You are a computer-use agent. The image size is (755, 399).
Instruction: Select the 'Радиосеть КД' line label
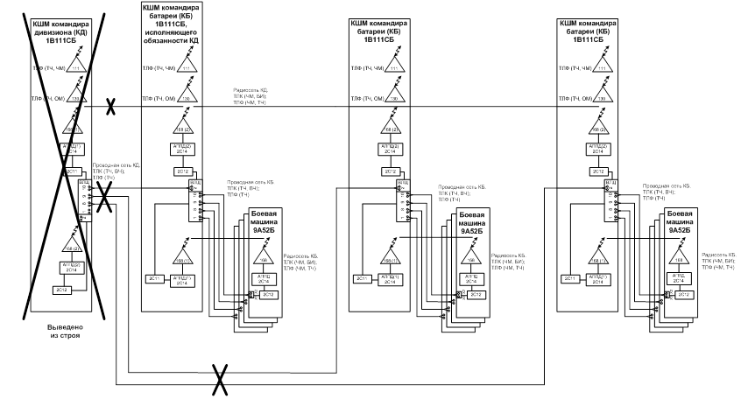tap(250, 96)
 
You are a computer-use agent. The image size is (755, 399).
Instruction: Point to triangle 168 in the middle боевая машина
tap(470, 259)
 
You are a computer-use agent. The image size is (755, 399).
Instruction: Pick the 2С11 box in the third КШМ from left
tap(361, 278)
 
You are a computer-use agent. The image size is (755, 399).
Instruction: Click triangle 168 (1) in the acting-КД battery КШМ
tap(181, 259)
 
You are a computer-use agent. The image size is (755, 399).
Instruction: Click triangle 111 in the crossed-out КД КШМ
tap(75, 68)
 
